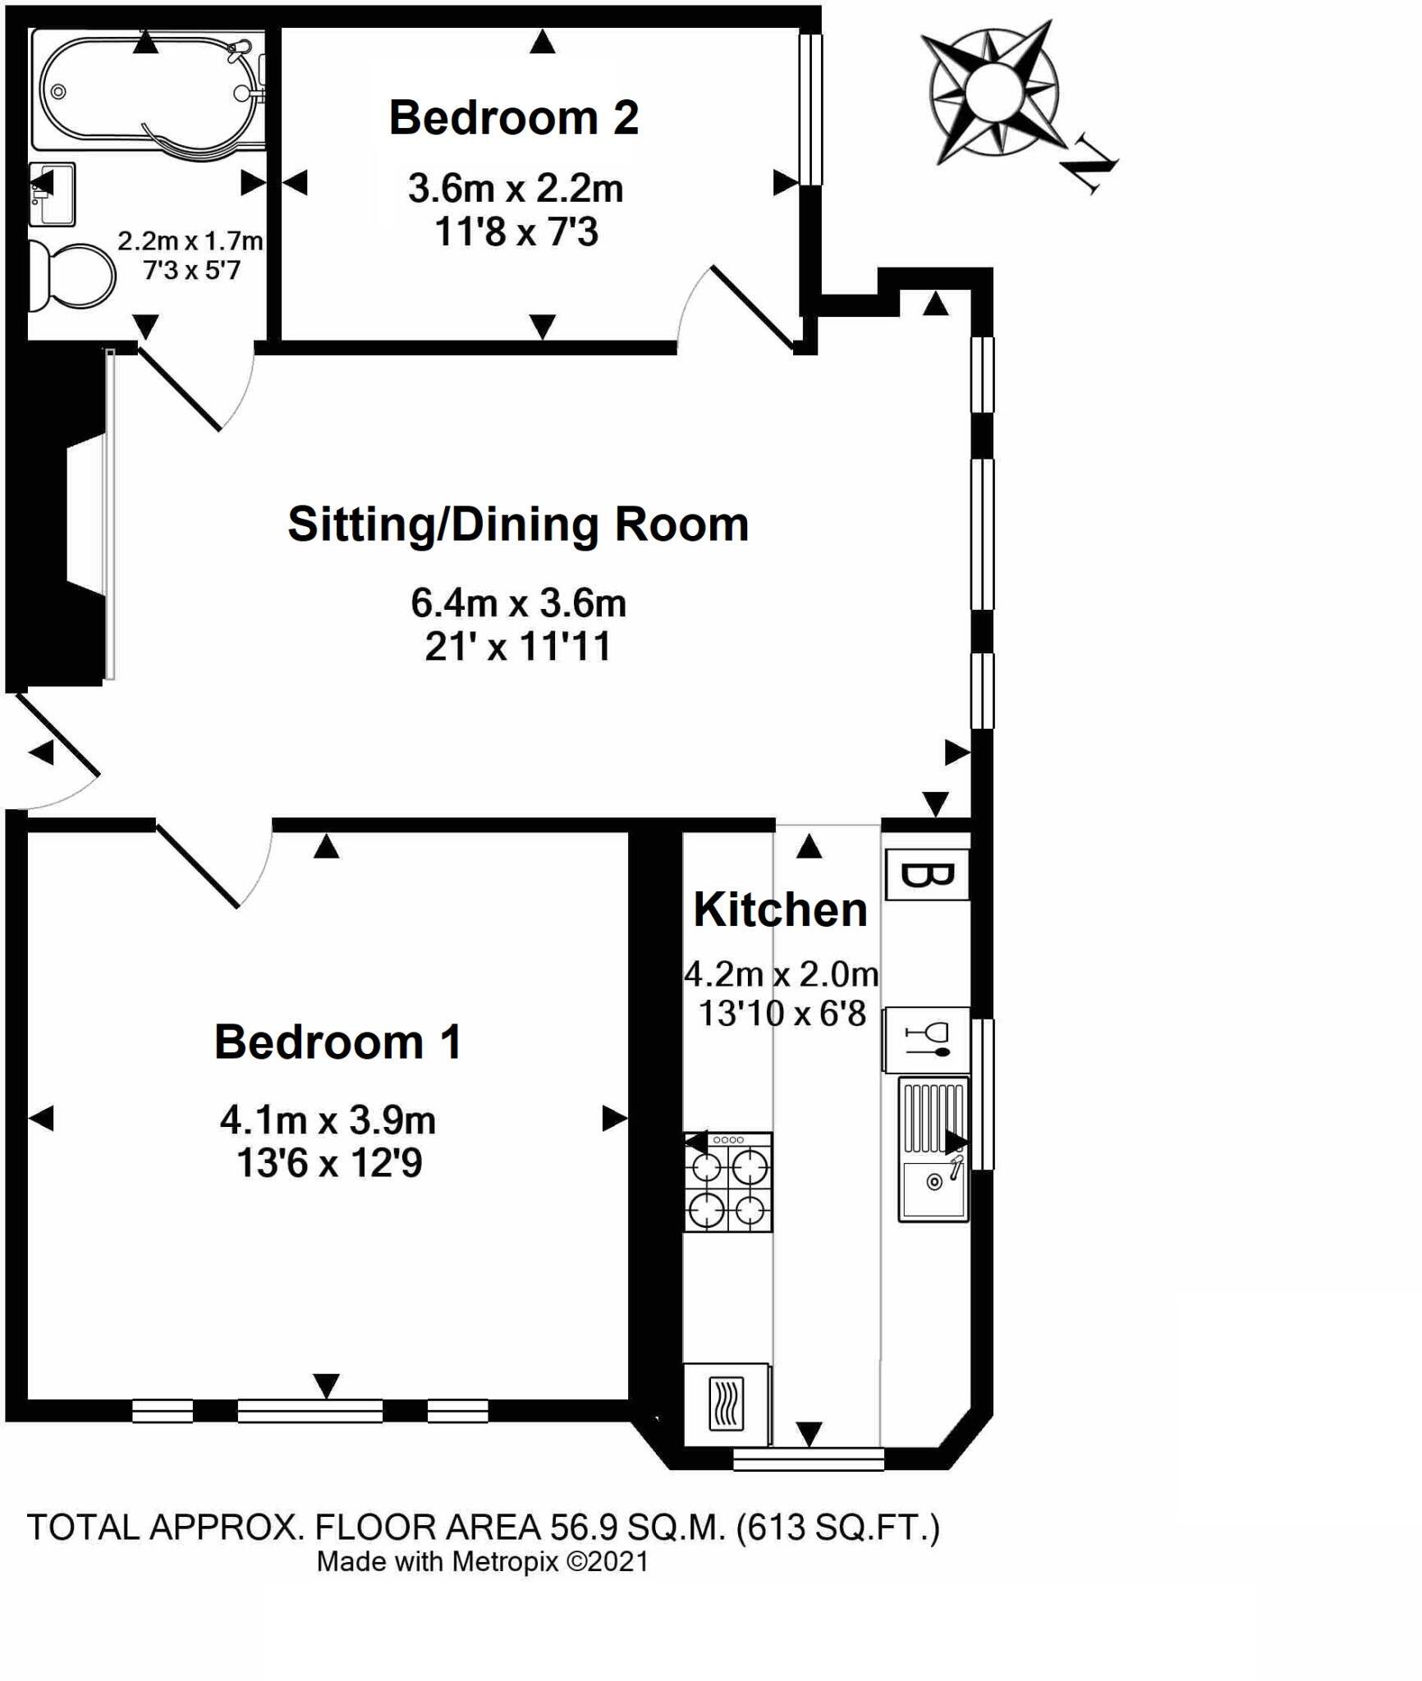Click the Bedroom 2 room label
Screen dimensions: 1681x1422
coord(513,117)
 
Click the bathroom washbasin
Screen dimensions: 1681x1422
coord(52,194)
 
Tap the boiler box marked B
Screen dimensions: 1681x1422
coord(928,875)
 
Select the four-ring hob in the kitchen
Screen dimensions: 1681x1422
coord(728,1183)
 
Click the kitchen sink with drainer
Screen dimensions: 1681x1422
coord(933,1151)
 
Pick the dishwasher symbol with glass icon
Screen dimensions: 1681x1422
coord(926,1039)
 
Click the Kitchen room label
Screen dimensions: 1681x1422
coord(780,909)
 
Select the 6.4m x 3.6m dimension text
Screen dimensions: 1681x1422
coord(518,603)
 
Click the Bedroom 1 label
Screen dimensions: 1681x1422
coord(337,1042)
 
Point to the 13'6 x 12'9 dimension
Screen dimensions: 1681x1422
coord(329,1163)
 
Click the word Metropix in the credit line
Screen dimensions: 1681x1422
coord(505,1561)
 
